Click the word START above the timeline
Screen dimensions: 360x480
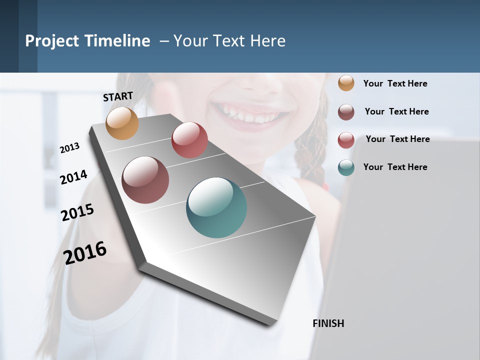[x=118, y=96]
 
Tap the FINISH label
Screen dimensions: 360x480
[x=328, y=323]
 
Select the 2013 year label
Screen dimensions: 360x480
[x=69, y=147]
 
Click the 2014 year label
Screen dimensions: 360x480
[x=73, y=177]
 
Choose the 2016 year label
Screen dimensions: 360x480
[x=85, y=252]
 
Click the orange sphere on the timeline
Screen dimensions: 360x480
[x=122, y=123]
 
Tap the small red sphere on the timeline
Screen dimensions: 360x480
[x=189, y=140]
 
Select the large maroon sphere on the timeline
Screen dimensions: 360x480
[x=145, y=180]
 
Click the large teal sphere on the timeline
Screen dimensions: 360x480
[x=216, y=207]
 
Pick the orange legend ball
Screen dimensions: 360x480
[x=346, y=83]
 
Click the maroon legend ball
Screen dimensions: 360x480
[x=346, y=112]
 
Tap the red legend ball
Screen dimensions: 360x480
[x=346, y=140]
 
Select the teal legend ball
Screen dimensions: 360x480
[x=346, y=167]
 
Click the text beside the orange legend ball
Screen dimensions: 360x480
[x=395, y=83]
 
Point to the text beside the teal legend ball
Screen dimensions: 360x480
[x=395, y=167]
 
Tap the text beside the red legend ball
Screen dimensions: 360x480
[x=397, y=139]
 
